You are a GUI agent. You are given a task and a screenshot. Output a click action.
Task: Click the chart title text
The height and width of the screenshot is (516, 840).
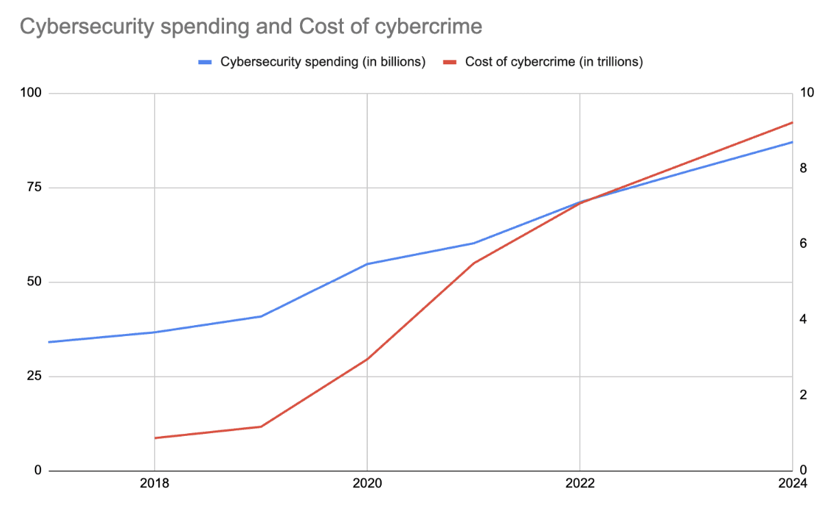250,27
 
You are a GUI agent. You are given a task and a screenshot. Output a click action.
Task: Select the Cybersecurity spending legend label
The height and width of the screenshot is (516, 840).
323,62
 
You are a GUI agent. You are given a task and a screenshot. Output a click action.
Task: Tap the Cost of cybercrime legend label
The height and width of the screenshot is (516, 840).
554,62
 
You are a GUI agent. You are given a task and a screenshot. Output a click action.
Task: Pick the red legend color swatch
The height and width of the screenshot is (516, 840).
449,62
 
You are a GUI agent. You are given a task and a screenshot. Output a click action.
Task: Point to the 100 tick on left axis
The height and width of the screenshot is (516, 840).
32,93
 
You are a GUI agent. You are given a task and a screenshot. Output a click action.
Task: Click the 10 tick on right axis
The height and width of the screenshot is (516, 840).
806,93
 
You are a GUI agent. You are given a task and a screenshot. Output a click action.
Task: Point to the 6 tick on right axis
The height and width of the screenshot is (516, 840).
804,244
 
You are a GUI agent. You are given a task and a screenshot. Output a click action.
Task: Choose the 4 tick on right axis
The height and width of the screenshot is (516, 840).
804,320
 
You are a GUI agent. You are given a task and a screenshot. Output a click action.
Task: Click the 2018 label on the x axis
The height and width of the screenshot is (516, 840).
155,484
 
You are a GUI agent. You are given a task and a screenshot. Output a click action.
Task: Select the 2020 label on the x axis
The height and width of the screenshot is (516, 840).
367,484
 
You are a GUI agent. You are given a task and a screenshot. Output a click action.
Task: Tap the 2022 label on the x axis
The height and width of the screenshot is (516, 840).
580,484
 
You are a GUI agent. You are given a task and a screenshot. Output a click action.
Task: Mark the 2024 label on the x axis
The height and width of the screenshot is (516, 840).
793,484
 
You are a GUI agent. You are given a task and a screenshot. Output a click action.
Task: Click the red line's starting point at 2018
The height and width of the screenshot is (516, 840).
155,438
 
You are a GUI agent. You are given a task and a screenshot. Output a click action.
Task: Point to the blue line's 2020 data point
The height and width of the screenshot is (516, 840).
367,264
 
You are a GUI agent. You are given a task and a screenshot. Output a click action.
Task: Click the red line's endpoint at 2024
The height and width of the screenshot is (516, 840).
792,122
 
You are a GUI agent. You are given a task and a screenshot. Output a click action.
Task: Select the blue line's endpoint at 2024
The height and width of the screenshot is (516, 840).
792,142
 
